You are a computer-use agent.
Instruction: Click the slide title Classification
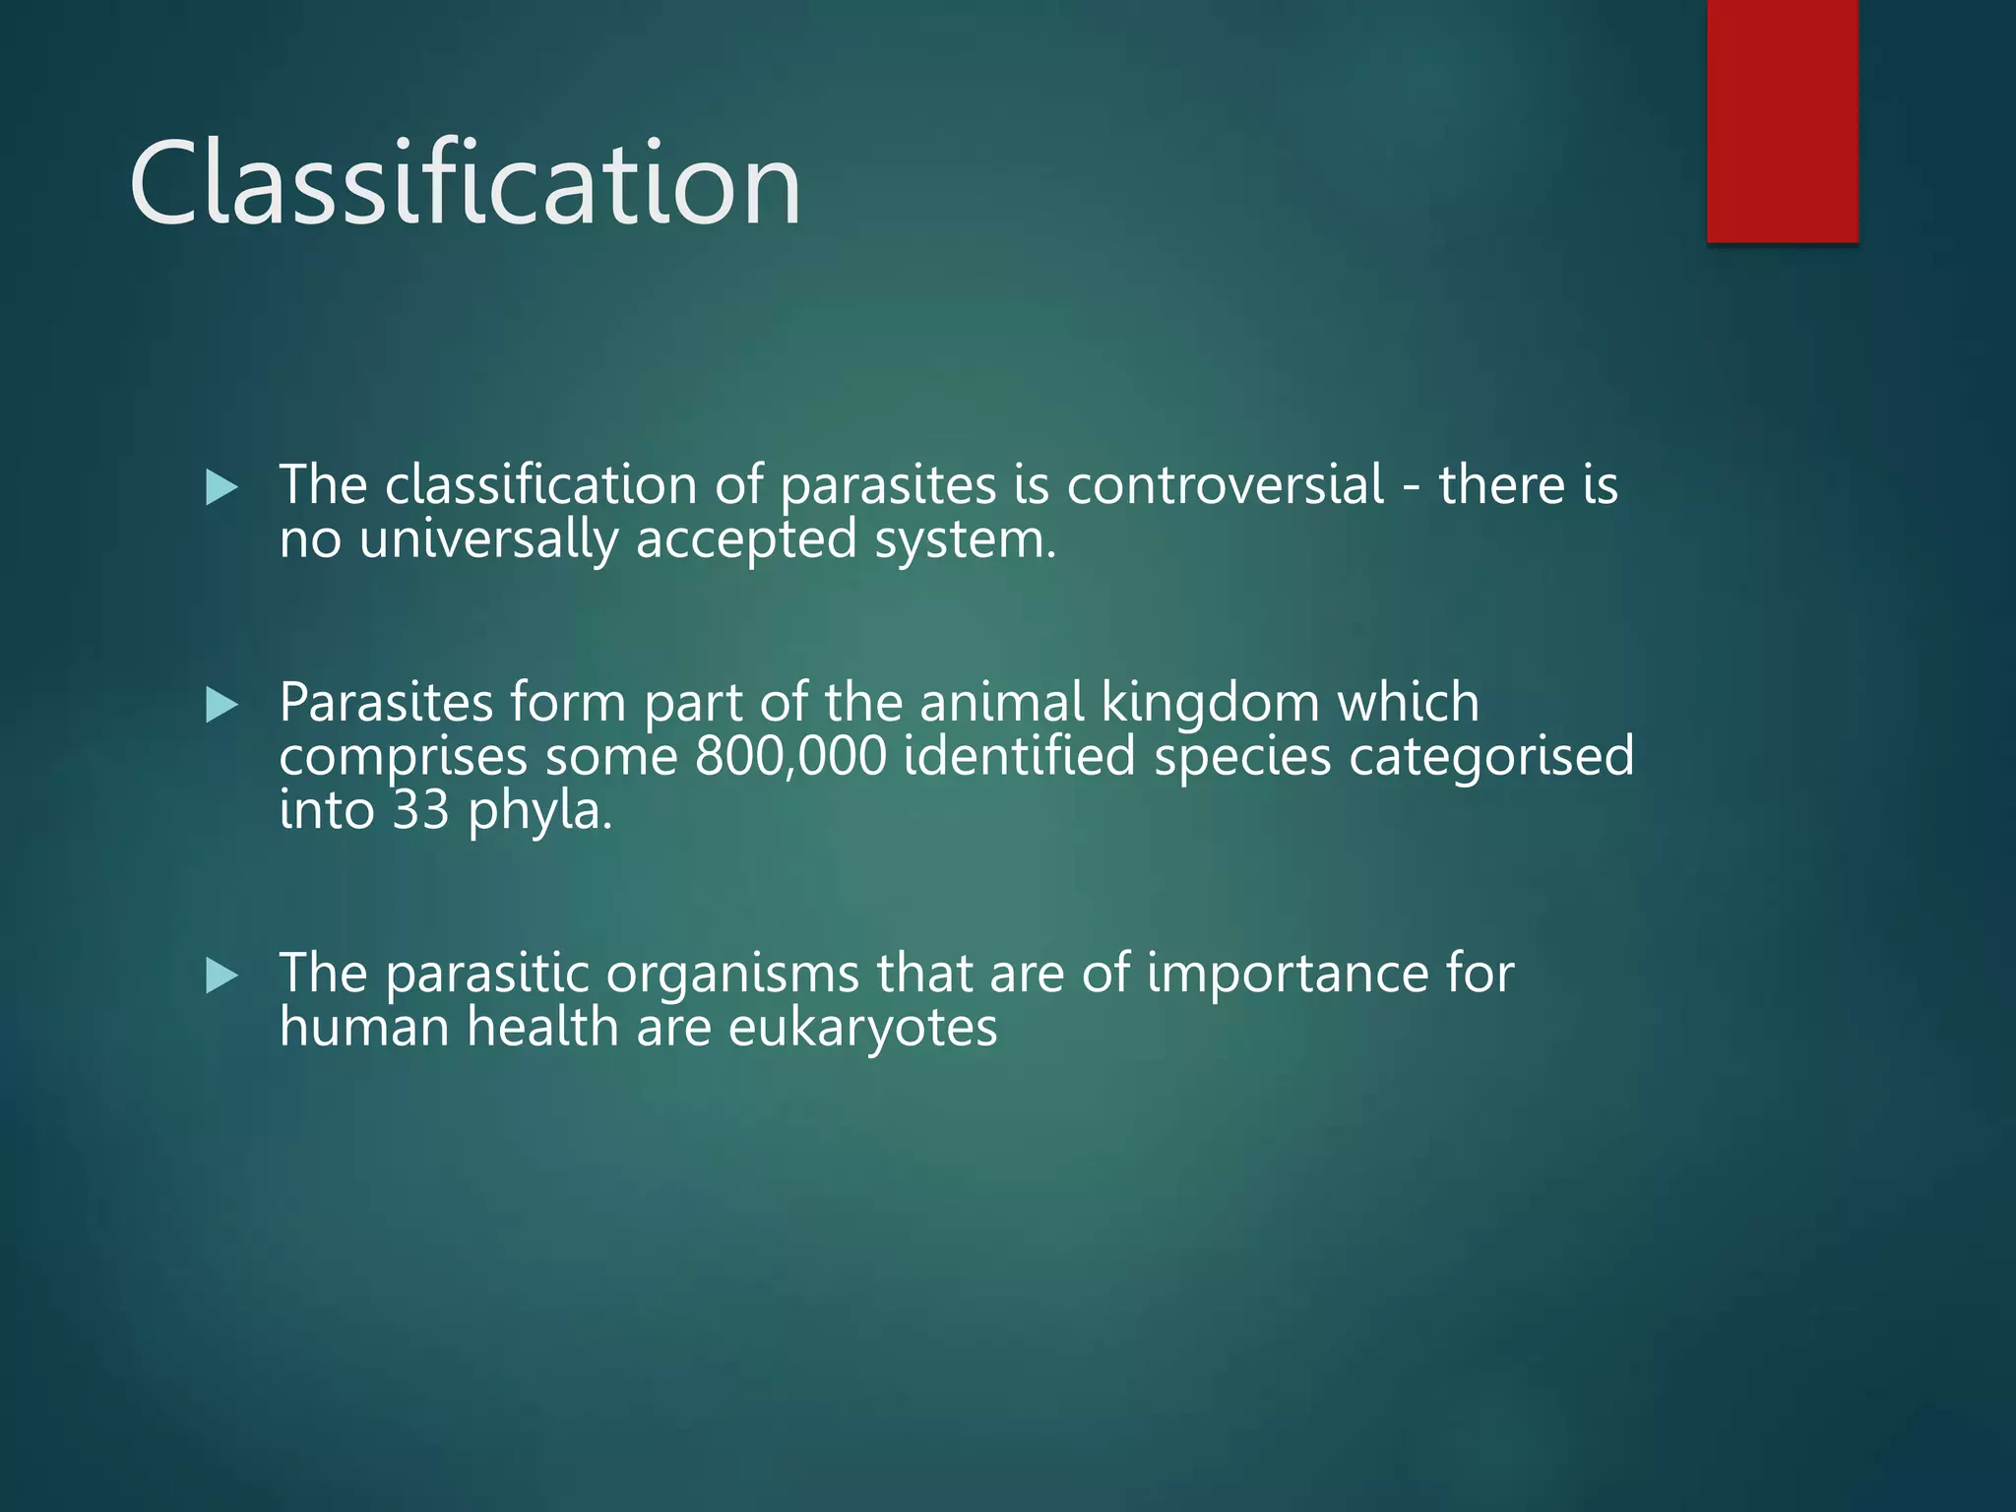[465, 183]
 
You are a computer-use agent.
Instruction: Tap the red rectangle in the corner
[1782, 120]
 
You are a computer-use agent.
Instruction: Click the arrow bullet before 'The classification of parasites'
[222, 487]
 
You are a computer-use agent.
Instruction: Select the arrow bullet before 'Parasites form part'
[222, 705]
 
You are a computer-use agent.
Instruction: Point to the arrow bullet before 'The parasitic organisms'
[222, 976]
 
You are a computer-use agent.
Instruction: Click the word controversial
[1225, 485]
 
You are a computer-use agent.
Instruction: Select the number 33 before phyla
[420, 810]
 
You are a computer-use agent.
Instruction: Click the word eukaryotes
[862, 1028]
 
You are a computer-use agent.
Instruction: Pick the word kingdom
[1209, 703]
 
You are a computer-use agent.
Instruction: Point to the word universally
[488, 540]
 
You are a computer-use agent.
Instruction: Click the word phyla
[539, 812]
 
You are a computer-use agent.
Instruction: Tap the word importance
[1288, 975]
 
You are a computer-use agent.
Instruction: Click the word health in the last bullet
[541, 1027]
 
